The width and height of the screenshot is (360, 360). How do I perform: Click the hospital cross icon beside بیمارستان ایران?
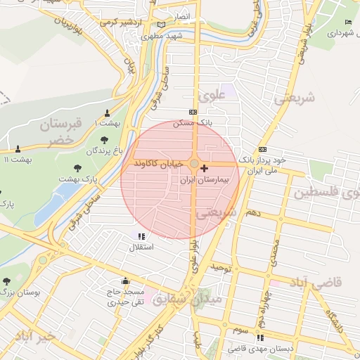[x=205, y=168]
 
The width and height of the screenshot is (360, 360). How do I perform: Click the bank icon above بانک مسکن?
[x=193, y=112]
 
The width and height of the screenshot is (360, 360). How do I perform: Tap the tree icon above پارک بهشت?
[x=77, y=168]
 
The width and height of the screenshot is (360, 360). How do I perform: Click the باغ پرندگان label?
[x=105, y=150]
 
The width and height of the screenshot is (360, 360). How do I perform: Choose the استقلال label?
[x=141, y=247]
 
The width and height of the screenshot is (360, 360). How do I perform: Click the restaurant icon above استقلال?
[x=141, y=237]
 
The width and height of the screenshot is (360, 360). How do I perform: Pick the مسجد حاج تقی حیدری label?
[x=124, y=297]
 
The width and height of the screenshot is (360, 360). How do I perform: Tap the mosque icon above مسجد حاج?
[x=125, y=281]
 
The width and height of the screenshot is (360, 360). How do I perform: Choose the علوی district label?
[x=212, y=94]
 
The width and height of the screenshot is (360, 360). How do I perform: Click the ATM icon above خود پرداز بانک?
[x=263, y=149]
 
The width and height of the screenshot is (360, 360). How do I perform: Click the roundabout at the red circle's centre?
[x=194, y=163]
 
